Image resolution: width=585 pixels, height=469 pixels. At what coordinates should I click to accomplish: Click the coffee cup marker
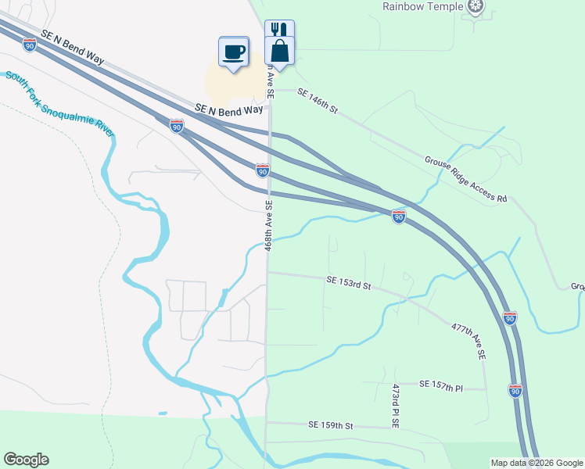tap(234, 52)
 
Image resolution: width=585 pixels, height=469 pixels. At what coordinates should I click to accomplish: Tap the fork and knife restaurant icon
tap(279, 30)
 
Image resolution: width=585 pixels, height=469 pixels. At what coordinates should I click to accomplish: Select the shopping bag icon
tap(280, 51)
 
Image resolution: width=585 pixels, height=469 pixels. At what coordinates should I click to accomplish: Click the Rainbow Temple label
tap(422, 6)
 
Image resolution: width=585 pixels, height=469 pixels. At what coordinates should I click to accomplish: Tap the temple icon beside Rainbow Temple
tap(474, 7)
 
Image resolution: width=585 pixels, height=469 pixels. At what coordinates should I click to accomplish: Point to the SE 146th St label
tap(317, 101)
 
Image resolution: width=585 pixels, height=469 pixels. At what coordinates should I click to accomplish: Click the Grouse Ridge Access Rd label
tap(465, 179)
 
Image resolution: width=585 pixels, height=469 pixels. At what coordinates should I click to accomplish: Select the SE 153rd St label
tap(348, 283)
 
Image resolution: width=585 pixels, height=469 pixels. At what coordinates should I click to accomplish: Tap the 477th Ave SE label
tap(468, 341)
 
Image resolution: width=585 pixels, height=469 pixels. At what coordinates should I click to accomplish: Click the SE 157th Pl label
tap(441, 385)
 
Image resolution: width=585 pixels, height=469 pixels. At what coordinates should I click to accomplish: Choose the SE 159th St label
tap(331, 426)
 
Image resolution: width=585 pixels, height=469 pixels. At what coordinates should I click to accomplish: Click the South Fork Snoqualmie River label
tap(59, 103)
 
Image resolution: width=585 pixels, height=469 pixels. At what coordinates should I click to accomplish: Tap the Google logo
tap(26, 460)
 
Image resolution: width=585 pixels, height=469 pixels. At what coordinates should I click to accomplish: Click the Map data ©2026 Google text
tap(537, 463)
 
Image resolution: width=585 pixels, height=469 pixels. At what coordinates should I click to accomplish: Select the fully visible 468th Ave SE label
tap(268, 225)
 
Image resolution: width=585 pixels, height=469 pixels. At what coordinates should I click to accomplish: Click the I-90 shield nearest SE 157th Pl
tap(515, 389)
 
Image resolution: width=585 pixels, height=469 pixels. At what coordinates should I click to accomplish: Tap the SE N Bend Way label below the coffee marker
tap(228, 110)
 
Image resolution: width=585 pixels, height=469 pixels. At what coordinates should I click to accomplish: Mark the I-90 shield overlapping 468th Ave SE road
tap(263, 170)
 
